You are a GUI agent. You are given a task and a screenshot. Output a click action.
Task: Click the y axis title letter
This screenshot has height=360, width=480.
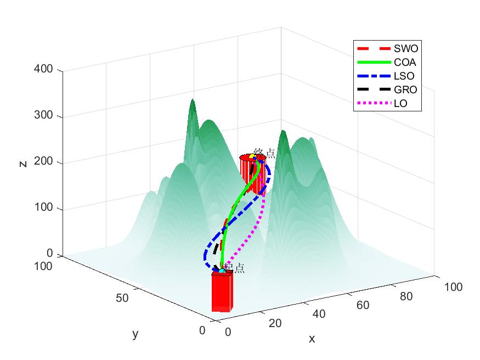coord(135,334)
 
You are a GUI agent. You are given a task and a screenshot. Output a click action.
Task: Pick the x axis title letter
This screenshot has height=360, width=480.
coord(312,339)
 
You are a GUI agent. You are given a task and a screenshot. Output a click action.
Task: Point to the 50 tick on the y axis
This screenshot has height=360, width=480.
coord(122,298)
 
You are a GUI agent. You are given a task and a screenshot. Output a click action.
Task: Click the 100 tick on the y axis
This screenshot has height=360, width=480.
coord(43,267)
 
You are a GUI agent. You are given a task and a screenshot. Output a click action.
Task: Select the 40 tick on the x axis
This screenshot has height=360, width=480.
coord(319,314)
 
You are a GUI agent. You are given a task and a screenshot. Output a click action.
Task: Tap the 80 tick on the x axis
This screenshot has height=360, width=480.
coord(406,296)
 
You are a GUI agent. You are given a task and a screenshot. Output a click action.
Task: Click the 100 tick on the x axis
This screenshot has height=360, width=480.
coord(453,286)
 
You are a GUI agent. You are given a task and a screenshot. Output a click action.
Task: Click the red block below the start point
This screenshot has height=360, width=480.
coord(222,292)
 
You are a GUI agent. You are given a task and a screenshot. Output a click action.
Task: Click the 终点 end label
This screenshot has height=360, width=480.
coord(264,153)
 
